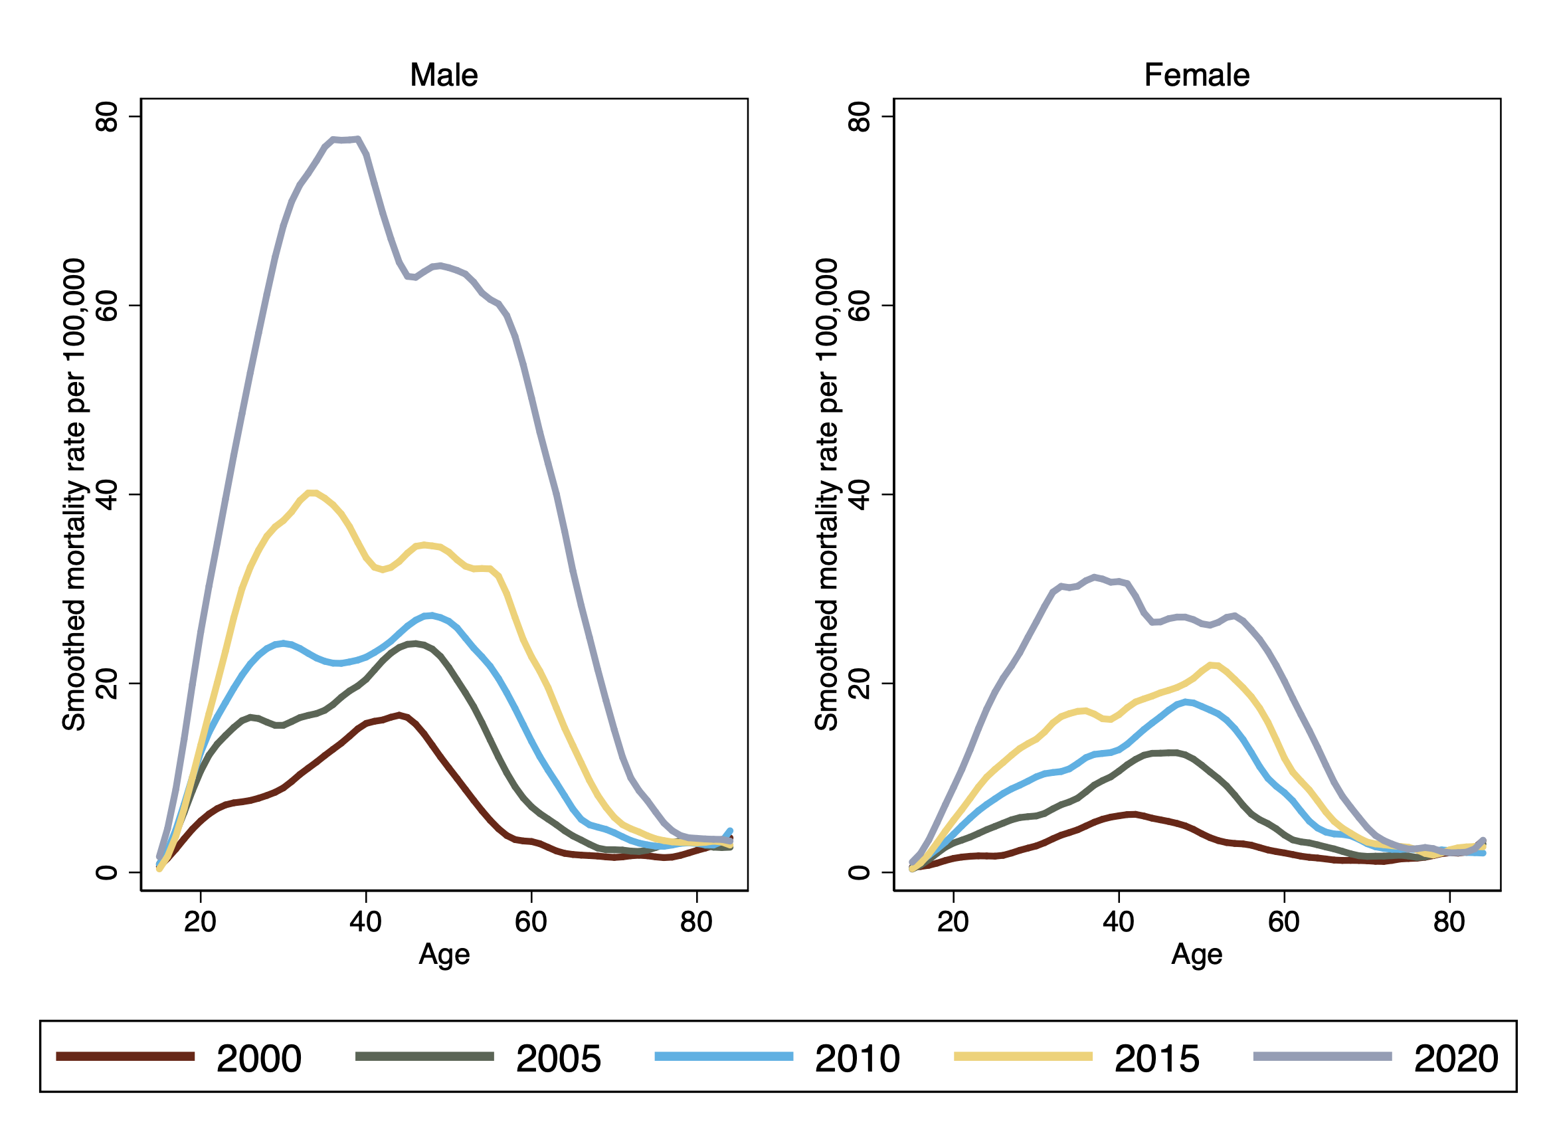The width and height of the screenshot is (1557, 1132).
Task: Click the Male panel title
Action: point(444,75)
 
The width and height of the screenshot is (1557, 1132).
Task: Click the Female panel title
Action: point(1196,75)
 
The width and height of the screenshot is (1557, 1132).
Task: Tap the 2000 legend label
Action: point(259,1058)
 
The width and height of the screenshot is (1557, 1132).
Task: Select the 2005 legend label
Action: point(558,1058)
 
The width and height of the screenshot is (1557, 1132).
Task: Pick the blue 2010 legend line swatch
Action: point(723,1056)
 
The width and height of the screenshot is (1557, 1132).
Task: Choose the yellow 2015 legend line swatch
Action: point(1023,1056)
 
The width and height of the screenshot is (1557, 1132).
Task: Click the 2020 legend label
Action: point(1455,1058)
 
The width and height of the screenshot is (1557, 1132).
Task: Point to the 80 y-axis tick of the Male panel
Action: point(107,117)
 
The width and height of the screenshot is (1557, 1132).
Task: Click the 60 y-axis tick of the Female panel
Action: point(860,306)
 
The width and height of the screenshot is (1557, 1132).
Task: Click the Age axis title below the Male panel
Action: point(444,955)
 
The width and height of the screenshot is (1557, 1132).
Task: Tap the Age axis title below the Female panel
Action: point(1196,955)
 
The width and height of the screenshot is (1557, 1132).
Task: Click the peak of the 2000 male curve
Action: point(399,715)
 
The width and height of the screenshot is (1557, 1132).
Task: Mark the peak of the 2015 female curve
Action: point(1213,664)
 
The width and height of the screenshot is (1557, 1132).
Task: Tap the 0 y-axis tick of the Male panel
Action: point(107,872)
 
